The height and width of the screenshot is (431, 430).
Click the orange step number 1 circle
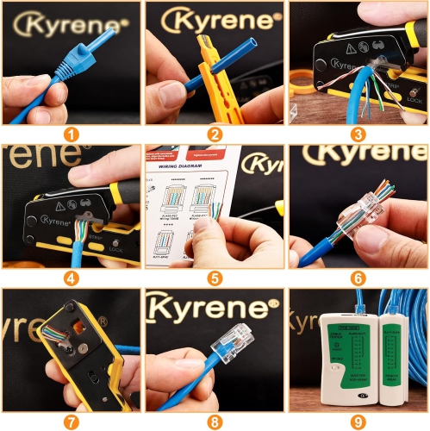tap(72, 134)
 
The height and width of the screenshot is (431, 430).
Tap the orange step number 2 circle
tap(215, 134)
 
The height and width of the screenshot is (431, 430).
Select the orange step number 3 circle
tap(358, 134)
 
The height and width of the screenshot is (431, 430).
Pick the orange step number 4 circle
tap(72, 278)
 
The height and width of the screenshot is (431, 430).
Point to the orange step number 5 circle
tap(215, 278)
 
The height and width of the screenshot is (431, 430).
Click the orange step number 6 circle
tap(358, 278)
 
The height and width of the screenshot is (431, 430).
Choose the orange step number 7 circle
tap(72, 422)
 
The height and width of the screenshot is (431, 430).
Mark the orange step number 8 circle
tap(215, 422)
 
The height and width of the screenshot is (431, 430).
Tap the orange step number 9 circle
tap(358, 422)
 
